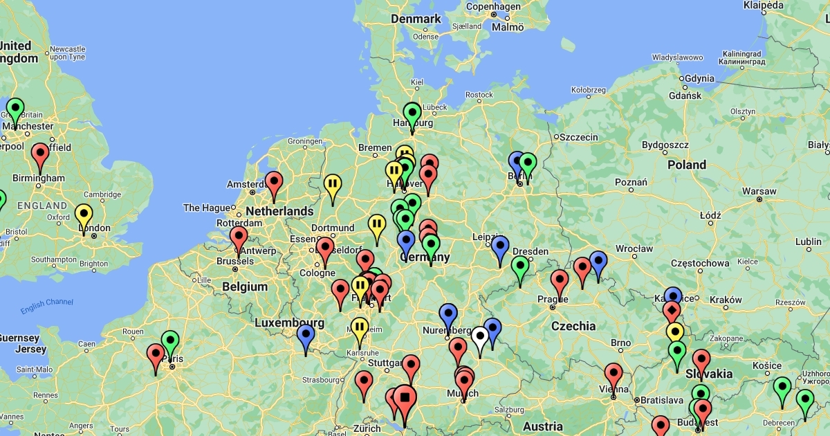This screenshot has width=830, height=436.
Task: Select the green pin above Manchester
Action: click(15, 109)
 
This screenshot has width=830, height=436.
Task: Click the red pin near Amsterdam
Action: click(274, 183)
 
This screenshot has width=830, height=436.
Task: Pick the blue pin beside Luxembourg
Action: click(306, 336)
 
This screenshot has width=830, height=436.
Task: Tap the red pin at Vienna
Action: click(614, 374)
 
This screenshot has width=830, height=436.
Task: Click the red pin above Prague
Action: click(560, 281)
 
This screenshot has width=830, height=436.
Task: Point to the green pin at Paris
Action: click(170, 342)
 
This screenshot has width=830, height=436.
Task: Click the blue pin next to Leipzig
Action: click(500, 247)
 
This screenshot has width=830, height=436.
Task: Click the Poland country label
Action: click(687, 165)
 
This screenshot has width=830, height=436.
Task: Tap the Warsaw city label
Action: click(759, 191)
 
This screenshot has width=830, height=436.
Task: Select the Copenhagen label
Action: click(493, 7)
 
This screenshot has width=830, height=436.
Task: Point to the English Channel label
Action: click(47, 306)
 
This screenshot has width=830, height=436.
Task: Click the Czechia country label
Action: click(573, 325)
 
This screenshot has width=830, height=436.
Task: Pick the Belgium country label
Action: click(245, 287)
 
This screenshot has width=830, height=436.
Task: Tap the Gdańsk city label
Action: click(685, 96)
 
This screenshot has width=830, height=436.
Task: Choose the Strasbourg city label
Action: click(321, 380)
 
